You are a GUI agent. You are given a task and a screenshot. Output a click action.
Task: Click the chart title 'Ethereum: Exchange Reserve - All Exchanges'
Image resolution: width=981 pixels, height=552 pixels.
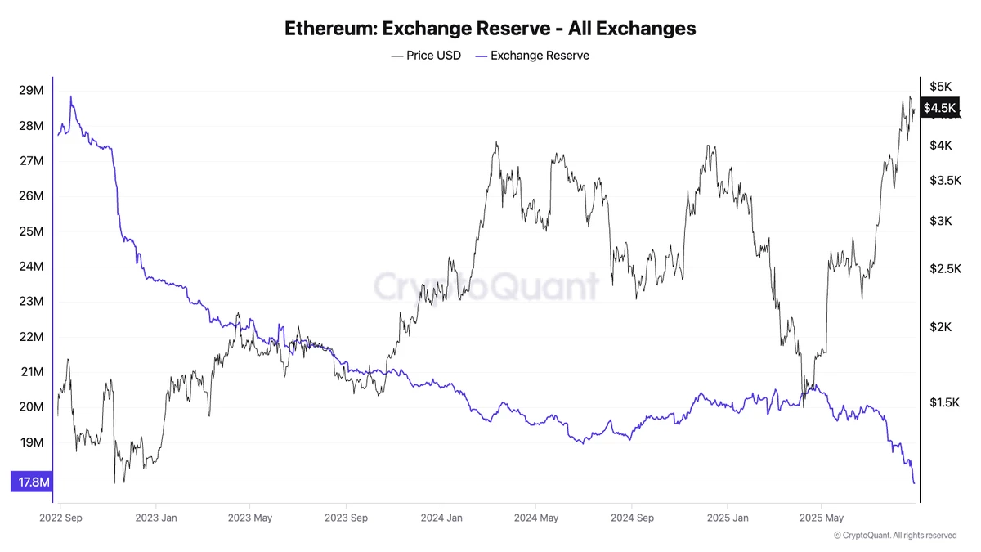(490, 28)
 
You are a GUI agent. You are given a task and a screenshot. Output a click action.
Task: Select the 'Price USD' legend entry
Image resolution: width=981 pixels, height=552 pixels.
(426, 56)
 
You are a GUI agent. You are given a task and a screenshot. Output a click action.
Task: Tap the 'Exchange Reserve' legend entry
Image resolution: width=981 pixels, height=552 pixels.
(532, 56)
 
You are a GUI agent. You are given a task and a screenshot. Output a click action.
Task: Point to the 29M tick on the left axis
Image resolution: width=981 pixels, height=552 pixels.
(31, 90)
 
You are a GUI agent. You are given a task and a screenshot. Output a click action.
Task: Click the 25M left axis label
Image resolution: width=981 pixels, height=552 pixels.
(31, 231)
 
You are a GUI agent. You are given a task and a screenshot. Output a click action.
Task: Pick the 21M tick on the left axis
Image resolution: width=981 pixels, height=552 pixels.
(31, 372)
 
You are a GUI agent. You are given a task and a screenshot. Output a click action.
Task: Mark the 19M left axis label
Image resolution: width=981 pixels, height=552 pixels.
(31, 442)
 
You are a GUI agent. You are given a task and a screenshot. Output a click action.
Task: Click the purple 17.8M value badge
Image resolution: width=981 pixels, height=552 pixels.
(31, 482)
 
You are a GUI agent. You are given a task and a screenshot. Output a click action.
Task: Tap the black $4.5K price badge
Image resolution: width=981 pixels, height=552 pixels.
(938, 108)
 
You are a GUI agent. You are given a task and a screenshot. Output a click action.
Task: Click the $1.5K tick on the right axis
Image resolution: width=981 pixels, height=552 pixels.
(944, 402)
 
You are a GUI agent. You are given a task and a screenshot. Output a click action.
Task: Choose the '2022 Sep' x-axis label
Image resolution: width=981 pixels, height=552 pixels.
(61, 518)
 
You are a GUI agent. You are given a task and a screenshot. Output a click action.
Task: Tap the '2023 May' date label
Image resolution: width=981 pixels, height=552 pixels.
(250, 518)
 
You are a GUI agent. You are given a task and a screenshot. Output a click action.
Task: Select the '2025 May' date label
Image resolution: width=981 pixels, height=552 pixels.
(822, 518)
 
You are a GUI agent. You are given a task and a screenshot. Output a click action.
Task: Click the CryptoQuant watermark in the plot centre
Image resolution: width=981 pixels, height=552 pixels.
(486, 287)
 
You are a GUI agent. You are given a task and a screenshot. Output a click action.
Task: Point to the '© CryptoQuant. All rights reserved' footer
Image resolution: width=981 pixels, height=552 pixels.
(894, 536)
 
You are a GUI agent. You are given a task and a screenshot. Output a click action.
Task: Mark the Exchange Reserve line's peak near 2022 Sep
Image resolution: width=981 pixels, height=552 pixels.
(71, 96)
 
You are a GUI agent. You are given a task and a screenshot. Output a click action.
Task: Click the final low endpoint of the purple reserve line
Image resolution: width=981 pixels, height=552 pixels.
(913, 482)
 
